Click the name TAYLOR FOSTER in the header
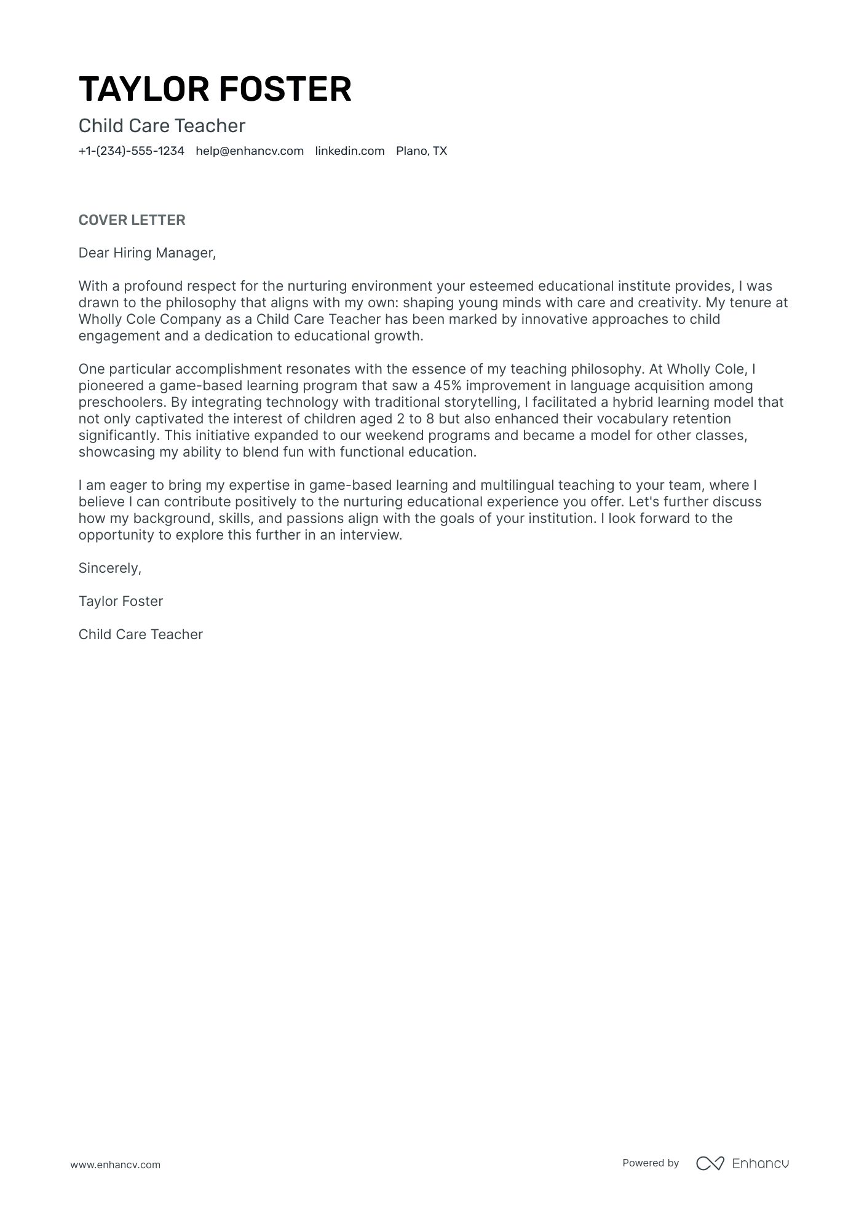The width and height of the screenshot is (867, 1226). point(215,89)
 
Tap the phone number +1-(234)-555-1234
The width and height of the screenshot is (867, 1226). point(131,151)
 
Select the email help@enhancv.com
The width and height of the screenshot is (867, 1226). point(250,151)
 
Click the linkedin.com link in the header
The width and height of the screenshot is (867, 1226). point(349,151)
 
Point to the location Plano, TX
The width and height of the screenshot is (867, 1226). point(421,151)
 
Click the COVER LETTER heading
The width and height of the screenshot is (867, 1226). point(132,220)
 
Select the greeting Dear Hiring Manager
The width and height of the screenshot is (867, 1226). point(147,253)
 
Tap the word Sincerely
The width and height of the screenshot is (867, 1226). point(109,568)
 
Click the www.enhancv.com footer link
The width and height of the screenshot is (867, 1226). point(115,1165)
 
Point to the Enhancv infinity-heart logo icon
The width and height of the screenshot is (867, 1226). point(710,1163)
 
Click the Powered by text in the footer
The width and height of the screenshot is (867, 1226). point(650,1163)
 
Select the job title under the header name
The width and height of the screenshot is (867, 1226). point(162,126)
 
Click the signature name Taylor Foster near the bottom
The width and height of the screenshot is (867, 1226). point(121,602)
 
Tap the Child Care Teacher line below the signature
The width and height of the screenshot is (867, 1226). point(140,635)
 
